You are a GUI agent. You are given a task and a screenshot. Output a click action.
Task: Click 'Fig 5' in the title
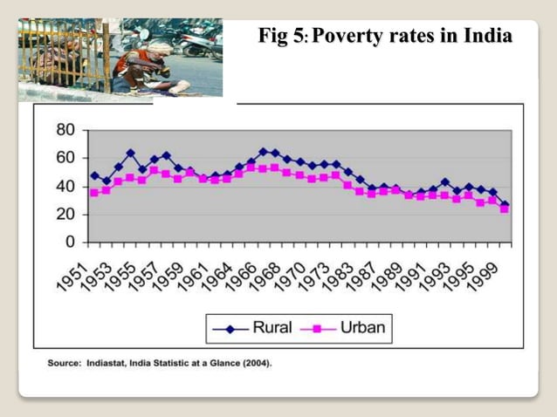click(x=281, y=36)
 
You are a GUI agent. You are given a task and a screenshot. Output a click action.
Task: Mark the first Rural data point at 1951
click(x=94, y=175)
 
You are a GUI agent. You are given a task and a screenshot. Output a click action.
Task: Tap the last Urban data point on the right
click(x=505, y=209)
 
